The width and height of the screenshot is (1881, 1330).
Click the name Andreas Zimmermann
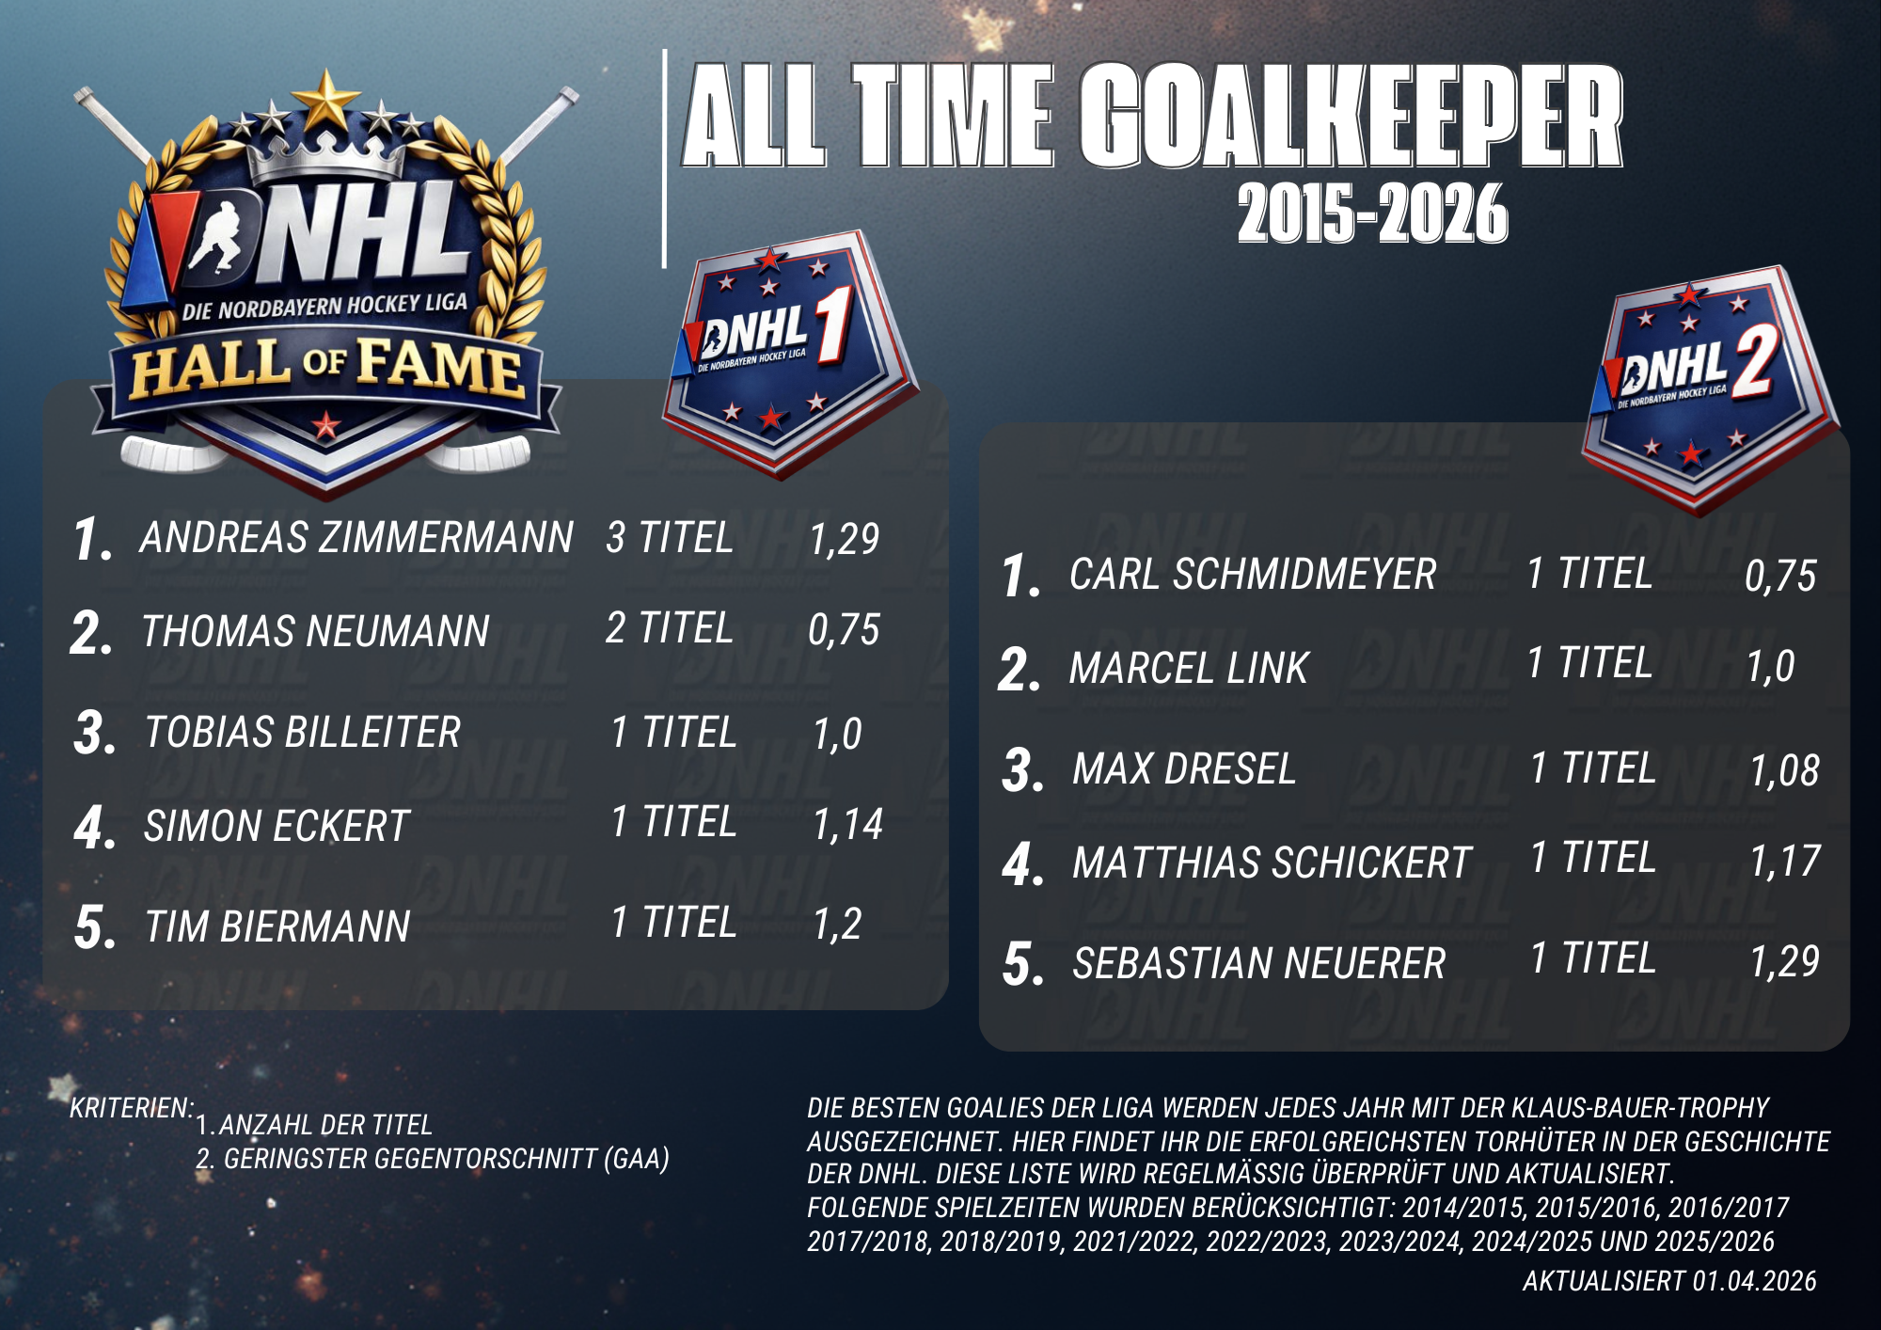pyautogui.click(x=356, y=538)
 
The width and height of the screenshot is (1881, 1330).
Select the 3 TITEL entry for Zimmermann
pyautogui.click(x=670, y=538)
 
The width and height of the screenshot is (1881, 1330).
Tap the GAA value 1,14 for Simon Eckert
pyautogui.click(x=847, y=825)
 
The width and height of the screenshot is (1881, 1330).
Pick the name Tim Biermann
pyautogui.click(x=277, y=926)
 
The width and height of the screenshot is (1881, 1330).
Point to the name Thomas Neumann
pyautogui.click(x=315, y=631)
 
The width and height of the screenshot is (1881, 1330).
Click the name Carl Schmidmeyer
pyautogui.click(x=1253, y=574)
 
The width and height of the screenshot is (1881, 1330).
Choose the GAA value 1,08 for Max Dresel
pyautogui.click(x=1784, y=770)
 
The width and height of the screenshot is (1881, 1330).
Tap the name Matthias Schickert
pyautogui.click(x=1272, y=863)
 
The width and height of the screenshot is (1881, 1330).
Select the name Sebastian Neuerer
pyautogui.click(x=1258, y=963)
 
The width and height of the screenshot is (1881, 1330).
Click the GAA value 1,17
pyautogui.click(x=1785, y=861)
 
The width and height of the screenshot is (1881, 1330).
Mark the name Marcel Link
pyautogui.click(x=1189, y=668)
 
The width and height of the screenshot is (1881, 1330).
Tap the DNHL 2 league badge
pyautogui.click(x=1710, y=388)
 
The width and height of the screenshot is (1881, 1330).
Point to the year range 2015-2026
pyautogui.click(x=1373, y=214)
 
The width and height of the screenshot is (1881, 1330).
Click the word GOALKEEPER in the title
pyautogui.click(x=1351, y=117)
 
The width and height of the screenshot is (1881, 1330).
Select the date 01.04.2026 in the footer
pyautogui.click(x=1755, y=1281)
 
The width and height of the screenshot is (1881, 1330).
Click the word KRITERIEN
pyautogui.click(x=132, y=1108)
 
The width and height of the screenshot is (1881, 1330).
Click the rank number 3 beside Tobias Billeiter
pyautogui.click(x=94, y=734)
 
